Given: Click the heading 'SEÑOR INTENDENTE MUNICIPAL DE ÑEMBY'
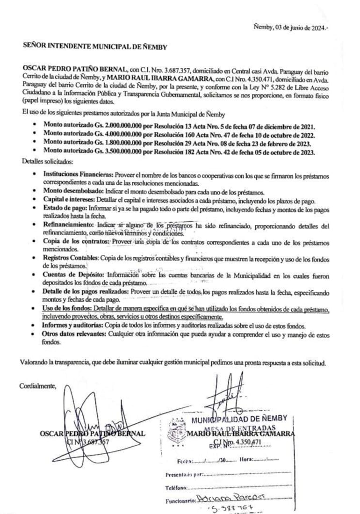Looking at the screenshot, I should pyautogui.click(x=95, y=46).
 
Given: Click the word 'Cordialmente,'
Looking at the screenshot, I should pyautogui.click(x=38, y=386).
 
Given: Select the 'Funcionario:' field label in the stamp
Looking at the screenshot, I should pyautogui.click(x=180, y=501).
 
